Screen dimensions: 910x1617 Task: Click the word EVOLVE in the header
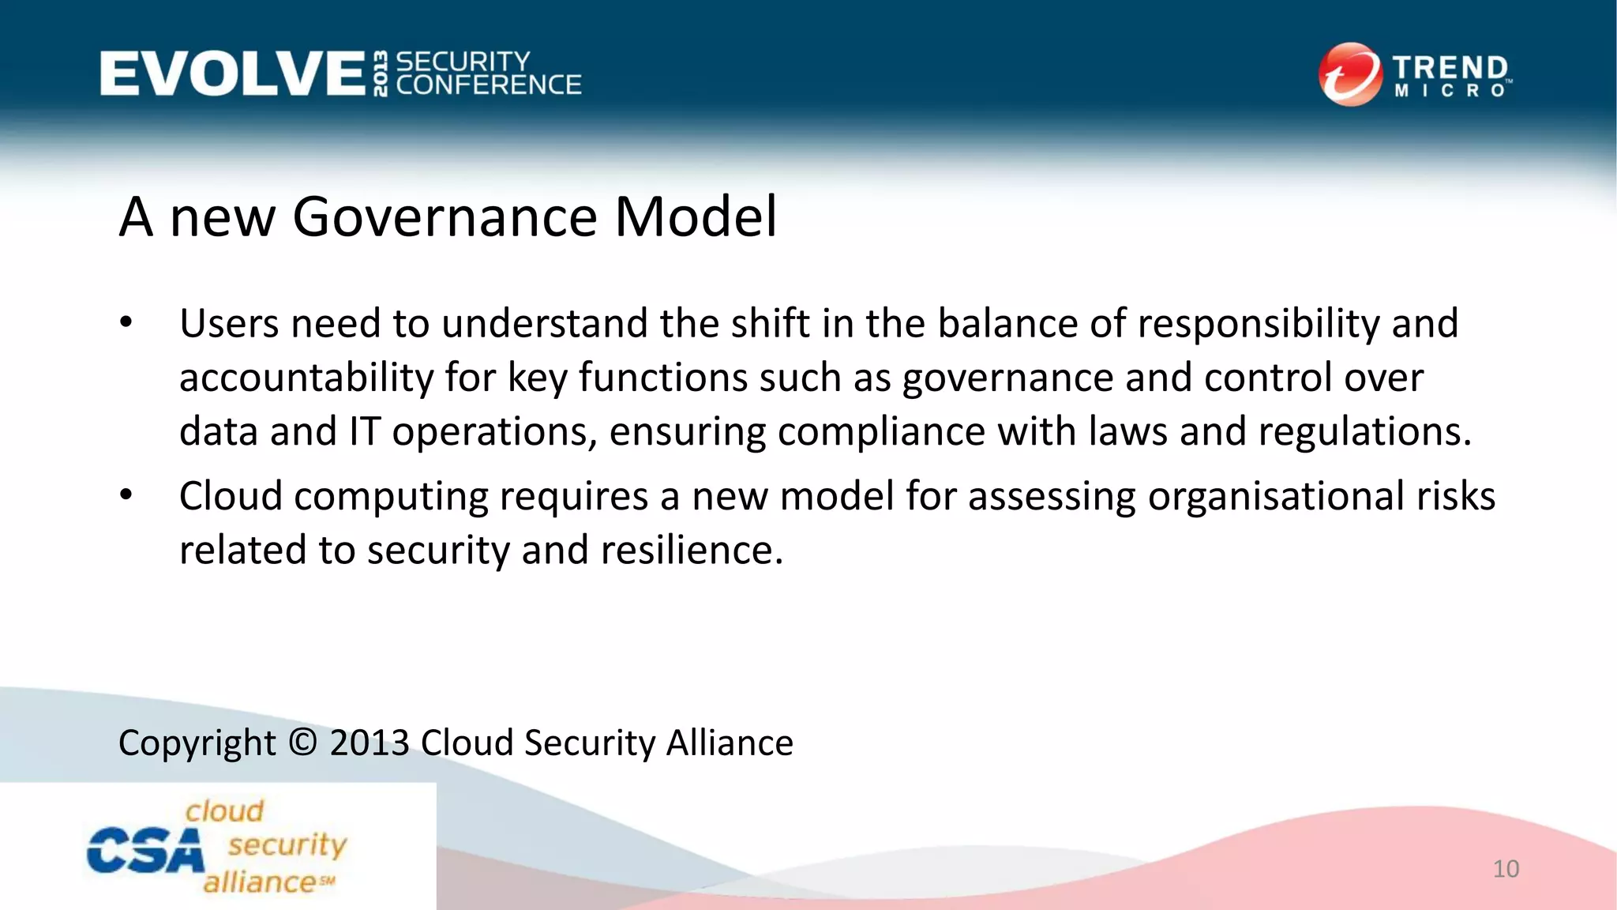point(232,73)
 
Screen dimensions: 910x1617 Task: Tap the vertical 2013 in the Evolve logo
point(381,73)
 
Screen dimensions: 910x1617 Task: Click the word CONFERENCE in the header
point(489,85)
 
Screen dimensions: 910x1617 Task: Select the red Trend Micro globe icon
point(1350,74)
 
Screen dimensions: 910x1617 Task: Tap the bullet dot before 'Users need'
point(126,323)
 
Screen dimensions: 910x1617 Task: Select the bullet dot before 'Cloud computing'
point(126,495)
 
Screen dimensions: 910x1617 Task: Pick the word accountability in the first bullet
point(306,378)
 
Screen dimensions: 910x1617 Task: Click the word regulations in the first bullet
point(1364,431)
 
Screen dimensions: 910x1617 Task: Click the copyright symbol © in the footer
point(302,743)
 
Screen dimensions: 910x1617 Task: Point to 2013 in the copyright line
point(370,743)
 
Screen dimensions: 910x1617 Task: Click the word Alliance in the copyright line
point(730,743)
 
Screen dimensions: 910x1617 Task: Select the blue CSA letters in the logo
point(144,852)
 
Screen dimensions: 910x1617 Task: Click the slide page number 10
point(1506,869)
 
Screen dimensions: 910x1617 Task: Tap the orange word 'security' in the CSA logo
point(287,845)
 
